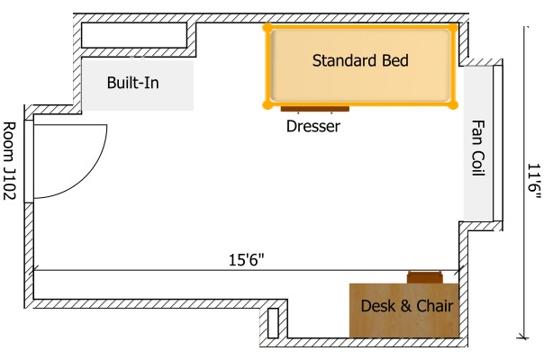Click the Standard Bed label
[x=360, y=61]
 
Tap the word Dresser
[x=313, y=127]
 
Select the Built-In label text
[x=133, y=83]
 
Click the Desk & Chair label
[x=406, y=306]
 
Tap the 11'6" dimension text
[x=533, y=180]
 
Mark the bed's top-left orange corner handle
[x=267, y=27]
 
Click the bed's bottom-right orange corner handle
[x=454, y=104]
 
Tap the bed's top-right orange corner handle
[x=454, y=27]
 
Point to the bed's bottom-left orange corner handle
[x=267, y=104]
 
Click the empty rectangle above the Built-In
[x=132, y=34]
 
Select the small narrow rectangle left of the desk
[x=273, y=323]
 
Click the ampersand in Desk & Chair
[x=403, y=306]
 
